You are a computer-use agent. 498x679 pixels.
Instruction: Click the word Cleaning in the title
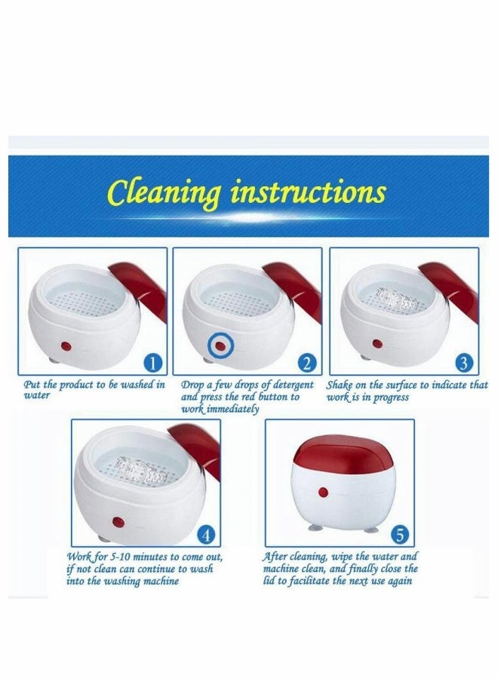[165, 194]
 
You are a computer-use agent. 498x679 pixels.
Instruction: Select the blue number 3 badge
[464, 364]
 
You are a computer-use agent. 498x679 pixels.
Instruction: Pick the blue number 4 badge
[207, 536]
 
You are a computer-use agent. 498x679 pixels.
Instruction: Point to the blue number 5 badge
[400, 536]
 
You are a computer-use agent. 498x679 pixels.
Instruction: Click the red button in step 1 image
[66, 346]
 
